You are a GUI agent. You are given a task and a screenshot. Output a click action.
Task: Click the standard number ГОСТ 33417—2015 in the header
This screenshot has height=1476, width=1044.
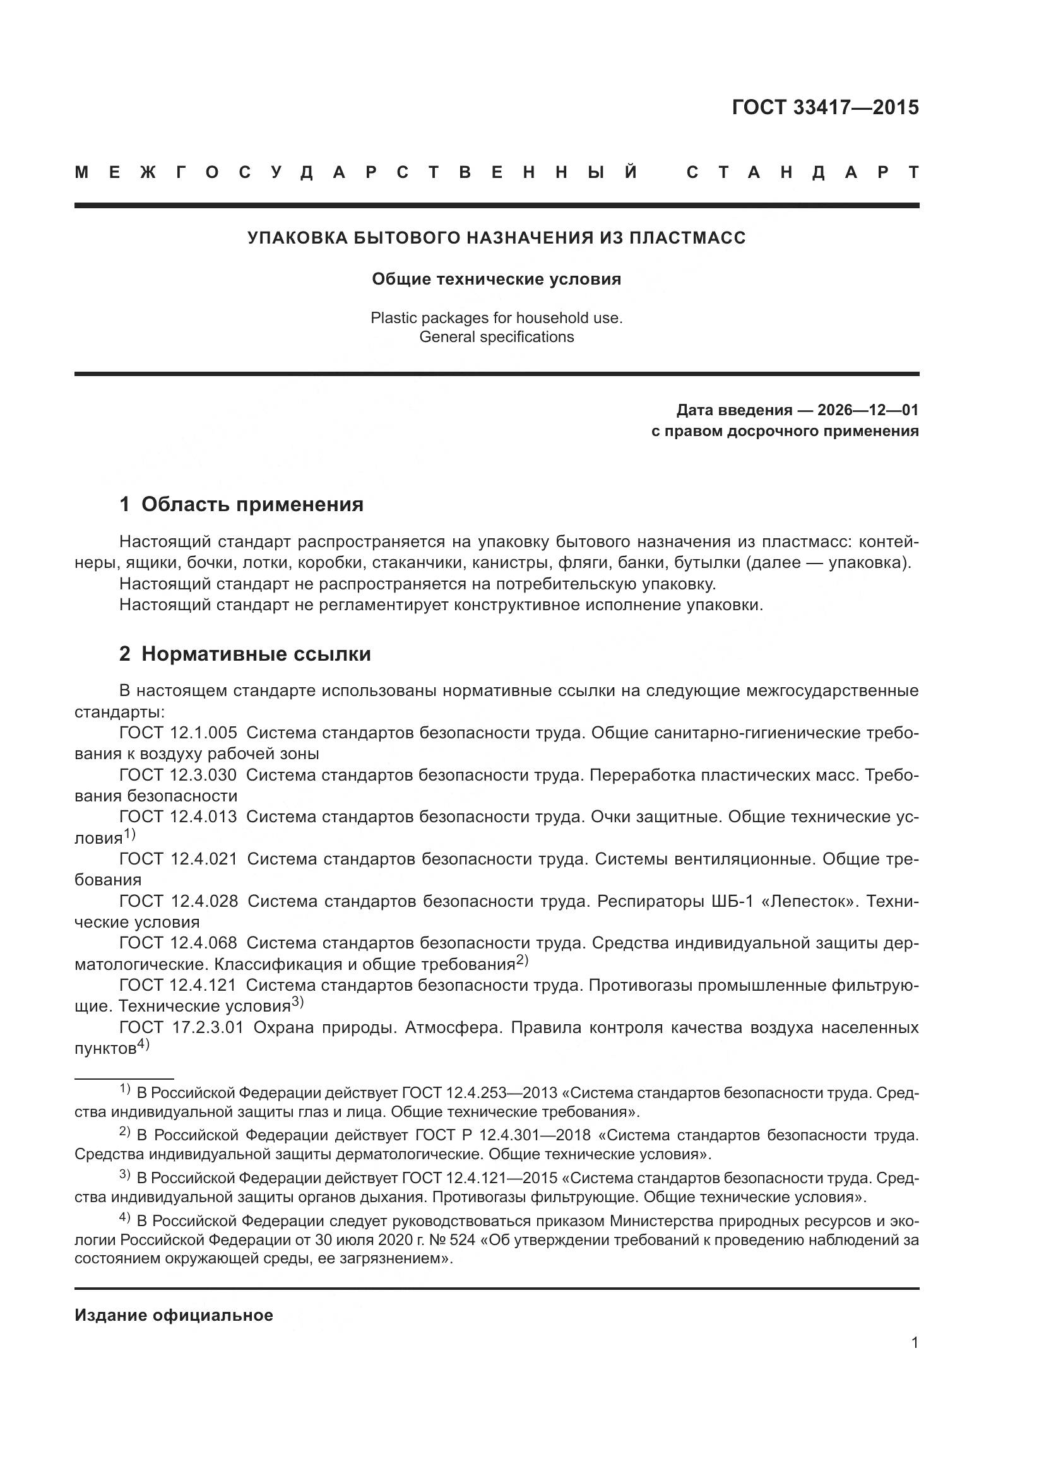point(825,107)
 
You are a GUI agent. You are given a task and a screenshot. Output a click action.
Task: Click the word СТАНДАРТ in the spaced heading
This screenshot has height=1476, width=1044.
point(802,172)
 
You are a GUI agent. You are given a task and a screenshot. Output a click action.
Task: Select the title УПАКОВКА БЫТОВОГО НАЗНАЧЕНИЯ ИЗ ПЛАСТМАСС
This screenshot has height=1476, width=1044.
point(496,238)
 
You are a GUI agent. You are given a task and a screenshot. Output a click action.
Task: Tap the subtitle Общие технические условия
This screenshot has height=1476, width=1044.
point(496,279)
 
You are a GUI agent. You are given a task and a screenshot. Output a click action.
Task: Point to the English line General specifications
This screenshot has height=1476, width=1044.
point(496,337)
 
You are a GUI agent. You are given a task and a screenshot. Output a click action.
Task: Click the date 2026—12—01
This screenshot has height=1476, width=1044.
point(867,410)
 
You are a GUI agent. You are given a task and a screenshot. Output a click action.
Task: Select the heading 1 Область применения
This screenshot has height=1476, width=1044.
point(241,504)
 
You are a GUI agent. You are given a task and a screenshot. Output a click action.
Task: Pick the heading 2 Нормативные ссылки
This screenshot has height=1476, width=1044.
point(245,654)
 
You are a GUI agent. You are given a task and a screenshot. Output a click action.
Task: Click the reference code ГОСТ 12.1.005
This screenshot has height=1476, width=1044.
point(178,732)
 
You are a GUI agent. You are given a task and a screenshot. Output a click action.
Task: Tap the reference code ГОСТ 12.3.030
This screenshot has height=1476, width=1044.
point(178,775)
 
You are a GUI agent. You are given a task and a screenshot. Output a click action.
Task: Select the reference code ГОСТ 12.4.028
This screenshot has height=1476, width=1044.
point(178,901)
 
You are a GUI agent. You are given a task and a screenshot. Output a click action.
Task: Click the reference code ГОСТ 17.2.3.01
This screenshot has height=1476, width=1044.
point(181,1027)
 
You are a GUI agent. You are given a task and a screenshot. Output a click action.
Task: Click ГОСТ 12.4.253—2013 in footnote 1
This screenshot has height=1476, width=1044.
point(479,1093)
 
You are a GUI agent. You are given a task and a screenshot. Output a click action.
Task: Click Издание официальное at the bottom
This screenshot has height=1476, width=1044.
point(174,1315)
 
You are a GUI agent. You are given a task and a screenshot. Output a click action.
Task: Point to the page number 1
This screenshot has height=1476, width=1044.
point(914,1342)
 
